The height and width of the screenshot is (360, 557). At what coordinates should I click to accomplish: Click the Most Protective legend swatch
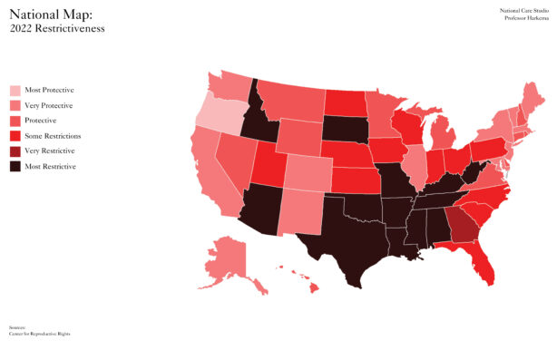pos(15,91)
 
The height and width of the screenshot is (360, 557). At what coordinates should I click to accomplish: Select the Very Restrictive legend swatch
pos(15,151)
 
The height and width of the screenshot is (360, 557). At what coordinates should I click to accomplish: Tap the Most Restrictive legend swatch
pos(15,166)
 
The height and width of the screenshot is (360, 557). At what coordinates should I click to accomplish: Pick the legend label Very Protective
pos(50,106)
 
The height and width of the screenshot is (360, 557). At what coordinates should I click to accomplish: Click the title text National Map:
pos(50,14)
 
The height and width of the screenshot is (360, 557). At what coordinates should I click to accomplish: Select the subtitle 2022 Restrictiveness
pos(57,28)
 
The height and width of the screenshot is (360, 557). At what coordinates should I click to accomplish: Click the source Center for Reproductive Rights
pos(39,334)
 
